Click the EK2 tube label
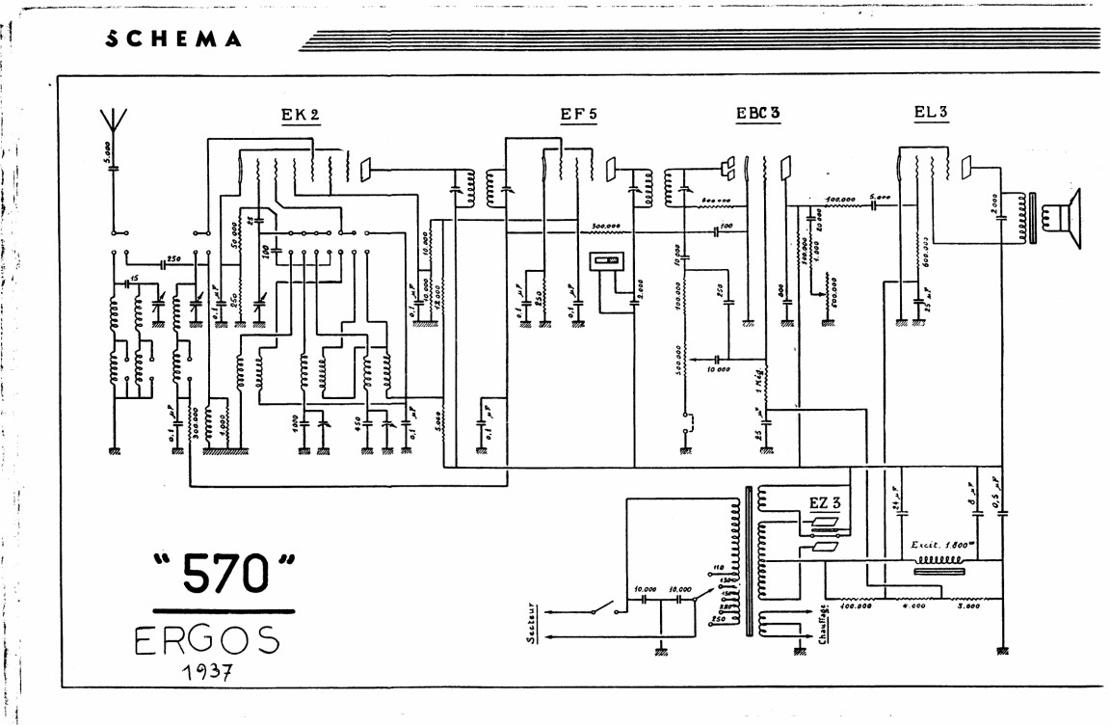click(300, 115)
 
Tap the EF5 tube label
click(578, 114)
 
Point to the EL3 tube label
click(931, 111)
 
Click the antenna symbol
click(115, 122)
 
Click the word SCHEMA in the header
click(173, 40)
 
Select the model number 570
click(224, 576)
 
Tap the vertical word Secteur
click(531, 624)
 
